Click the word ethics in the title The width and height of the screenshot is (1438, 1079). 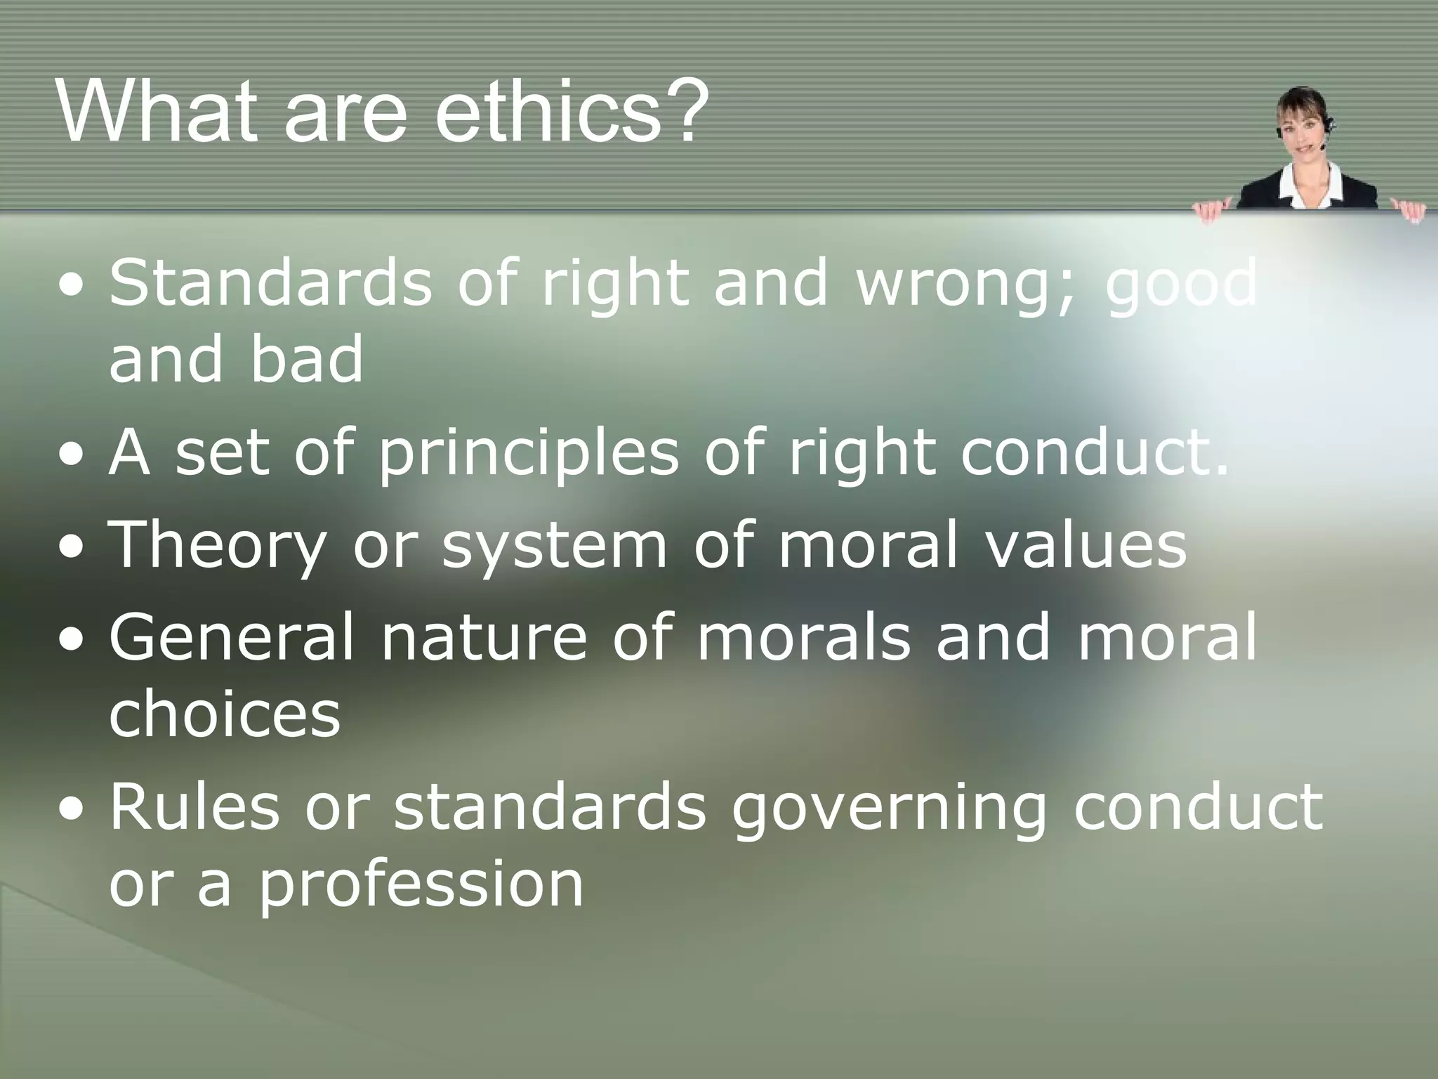click(548, 112)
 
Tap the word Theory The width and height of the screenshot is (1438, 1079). click(218, 547)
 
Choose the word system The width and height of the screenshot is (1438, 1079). click(554, 547)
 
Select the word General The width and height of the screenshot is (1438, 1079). click(232, 636)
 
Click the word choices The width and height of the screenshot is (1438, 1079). click(225, 714)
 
